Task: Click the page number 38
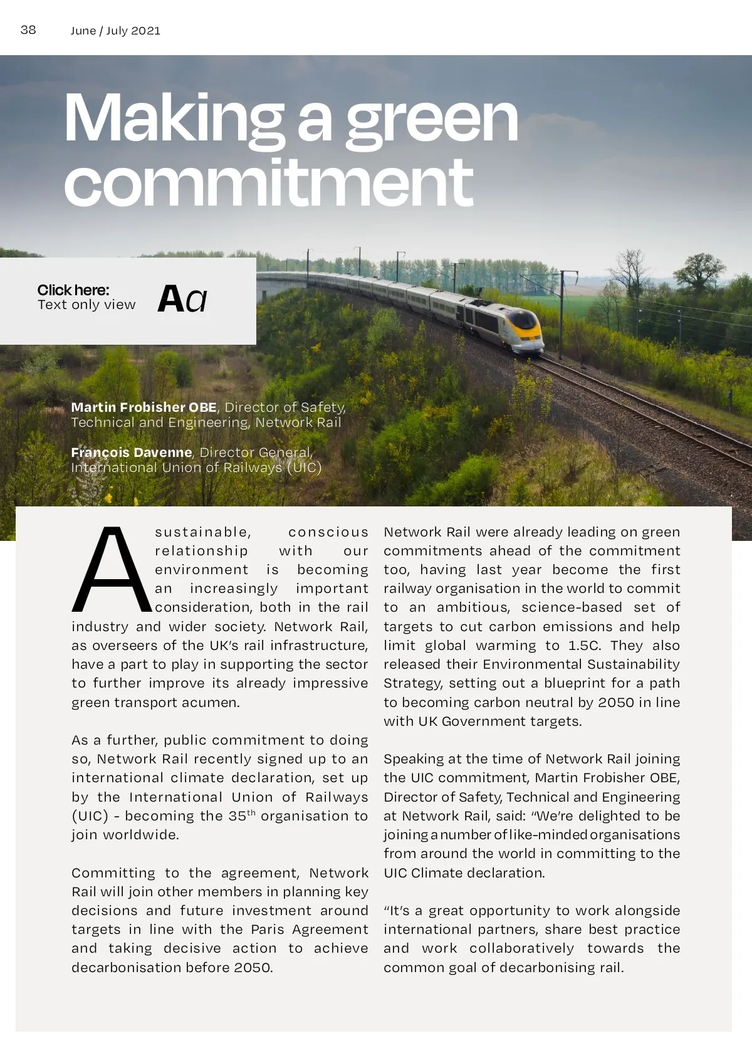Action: (x=28, y=30)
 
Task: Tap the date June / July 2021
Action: (x=115, y=31)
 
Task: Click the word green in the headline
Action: (x=432, y=119)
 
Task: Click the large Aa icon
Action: (x=182, y=299)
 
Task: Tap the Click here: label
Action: (x=73, y=290)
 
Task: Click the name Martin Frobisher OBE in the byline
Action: (x=144, y=407)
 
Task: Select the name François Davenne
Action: (x=132, y=453)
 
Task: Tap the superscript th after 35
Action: (x=251, y=813)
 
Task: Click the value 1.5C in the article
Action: (x=584, y=646)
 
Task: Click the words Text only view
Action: (x=86, y=305)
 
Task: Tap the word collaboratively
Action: (x=521, y=948)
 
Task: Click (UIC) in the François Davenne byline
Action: (x=304, y=468)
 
